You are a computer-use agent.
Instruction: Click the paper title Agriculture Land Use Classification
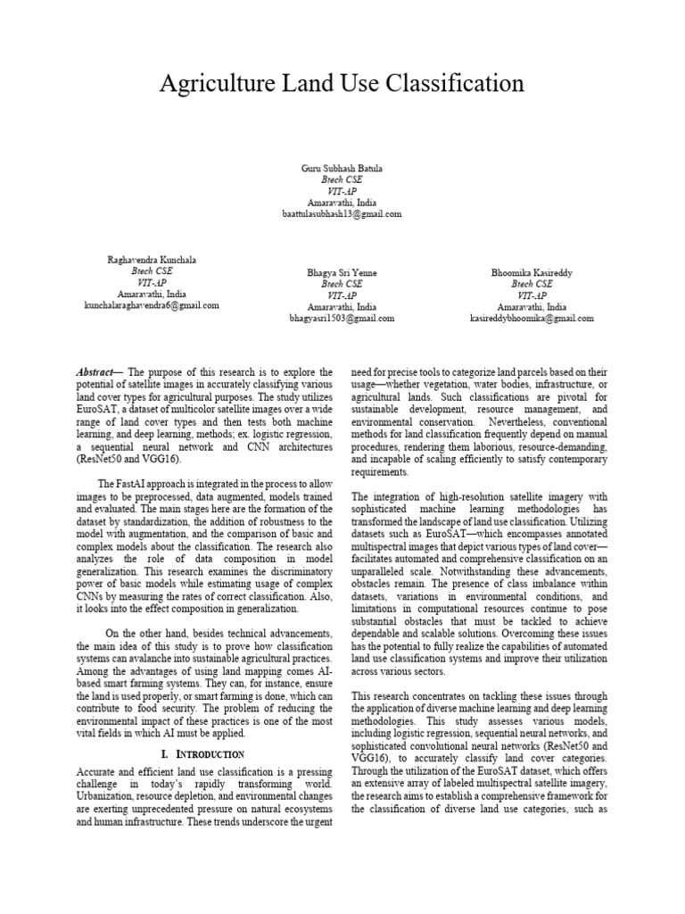click(342, 84)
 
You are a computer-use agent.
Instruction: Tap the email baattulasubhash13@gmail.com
click(342, 214)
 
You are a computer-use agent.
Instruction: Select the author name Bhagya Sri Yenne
click(342, 272)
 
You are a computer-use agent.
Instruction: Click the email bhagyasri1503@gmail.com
click(342, 318)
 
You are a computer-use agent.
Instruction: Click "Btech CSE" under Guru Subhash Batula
click(342, 179)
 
